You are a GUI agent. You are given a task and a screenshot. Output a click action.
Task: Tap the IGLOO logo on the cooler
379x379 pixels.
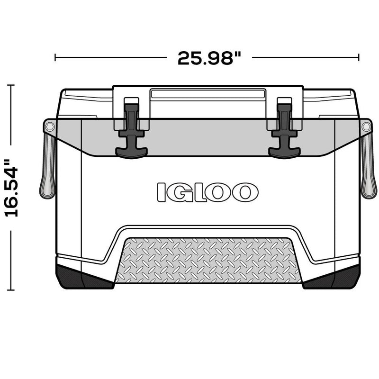[208, 192]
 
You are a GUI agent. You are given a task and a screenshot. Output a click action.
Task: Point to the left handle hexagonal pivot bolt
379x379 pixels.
[49, 127]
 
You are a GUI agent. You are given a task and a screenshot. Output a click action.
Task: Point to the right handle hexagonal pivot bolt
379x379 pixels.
[366, 127]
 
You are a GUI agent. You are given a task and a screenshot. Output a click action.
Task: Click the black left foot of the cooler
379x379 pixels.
[83, 277]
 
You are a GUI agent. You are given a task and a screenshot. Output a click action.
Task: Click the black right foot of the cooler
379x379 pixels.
[332, 277]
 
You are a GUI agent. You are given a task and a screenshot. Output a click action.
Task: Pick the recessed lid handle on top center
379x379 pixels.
[208, 93]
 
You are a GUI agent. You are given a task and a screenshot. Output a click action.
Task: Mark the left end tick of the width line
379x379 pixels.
[55, 58]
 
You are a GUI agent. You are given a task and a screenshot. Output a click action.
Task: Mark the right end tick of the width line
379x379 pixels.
[359, 58]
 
